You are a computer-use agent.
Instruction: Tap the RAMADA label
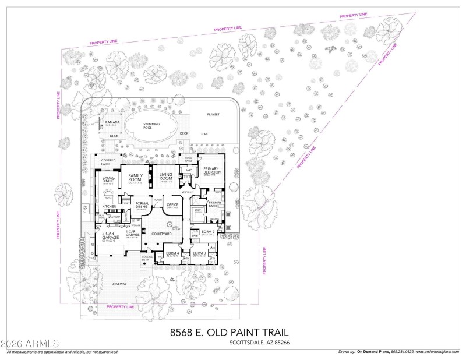click(x=112, y=122)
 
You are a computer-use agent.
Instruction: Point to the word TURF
click(x=204, y=134)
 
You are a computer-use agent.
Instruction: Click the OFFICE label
click(x=172, y=204)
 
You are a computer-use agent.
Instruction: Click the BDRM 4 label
click(x=172, y=253)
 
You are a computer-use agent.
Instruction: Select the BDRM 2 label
click(x=208, y=232)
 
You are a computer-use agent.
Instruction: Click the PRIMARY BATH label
click(x=208, y=203)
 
